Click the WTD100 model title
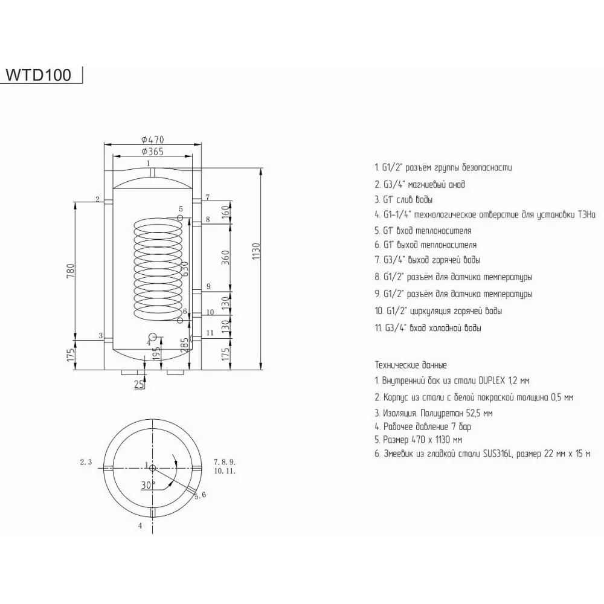38,75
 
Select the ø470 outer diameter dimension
152,140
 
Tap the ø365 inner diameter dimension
152,151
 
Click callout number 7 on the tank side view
207,198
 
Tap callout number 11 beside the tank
209,333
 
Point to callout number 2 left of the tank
97,199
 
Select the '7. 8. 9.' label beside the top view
223,461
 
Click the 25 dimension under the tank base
140,385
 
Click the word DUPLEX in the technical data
495,381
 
